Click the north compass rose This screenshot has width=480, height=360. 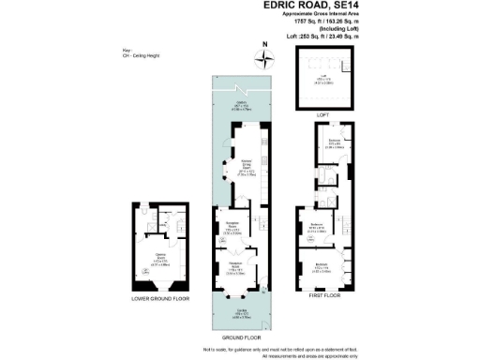coord(269,58)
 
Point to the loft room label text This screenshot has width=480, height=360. coord(323,82)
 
